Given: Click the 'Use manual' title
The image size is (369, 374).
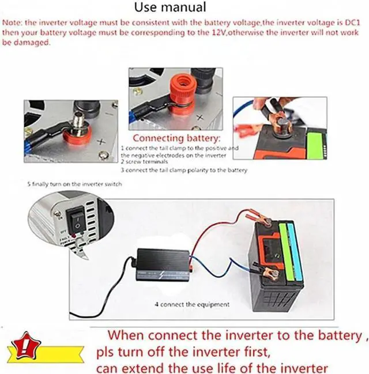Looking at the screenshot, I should (170, 7).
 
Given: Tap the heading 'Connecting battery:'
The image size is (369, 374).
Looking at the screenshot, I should (176, 139).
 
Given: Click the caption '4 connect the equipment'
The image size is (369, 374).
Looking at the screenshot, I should (191, 304).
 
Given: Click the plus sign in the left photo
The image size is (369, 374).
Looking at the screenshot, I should (101, 141).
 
